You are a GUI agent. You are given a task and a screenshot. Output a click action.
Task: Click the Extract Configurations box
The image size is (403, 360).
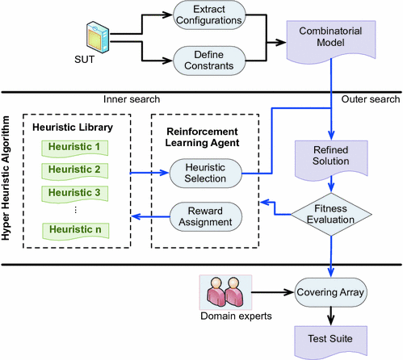click(209, 15)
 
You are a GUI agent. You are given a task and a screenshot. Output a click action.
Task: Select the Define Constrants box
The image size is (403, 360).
click(209, 61)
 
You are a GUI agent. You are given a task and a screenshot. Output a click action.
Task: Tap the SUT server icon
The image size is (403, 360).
click(98, 37)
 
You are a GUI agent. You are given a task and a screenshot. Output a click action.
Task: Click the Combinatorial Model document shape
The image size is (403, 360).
click(331, 42)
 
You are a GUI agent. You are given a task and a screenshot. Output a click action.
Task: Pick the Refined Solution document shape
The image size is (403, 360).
click(331, 160)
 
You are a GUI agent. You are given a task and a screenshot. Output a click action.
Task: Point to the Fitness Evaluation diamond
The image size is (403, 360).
click(331, 215)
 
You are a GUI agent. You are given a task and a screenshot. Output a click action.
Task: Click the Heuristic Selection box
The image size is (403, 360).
click(205, 174)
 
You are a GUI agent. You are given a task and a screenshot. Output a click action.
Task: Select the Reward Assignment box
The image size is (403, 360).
click(206, 216)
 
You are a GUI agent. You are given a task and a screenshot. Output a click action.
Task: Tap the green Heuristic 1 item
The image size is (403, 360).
click(75, 149)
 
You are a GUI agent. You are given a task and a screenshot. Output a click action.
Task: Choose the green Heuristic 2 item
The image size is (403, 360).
click(75, 171)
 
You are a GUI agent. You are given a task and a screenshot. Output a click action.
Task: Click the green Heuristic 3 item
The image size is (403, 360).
click(75, 194)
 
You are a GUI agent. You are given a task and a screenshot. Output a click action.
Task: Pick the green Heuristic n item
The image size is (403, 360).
click(76, 231)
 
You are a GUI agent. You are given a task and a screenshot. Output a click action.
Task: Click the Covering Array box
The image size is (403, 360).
click(330, 292)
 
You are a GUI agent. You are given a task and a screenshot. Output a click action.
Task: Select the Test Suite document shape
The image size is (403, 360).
click(330, 341)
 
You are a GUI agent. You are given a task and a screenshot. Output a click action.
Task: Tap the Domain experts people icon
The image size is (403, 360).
click(225, 292)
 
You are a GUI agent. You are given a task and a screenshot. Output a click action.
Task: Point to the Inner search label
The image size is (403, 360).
click(132, 99)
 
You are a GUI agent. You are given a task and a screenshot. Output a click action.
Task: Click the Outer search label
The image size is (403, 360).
click(371, 99)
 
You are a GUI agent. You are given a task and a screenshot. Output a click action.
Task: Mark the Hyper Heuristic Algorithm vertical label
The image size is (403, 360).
click(6, 178)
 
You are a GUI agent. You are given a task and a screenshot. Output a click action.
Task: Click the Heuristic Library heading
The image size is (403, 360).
click(73, 128)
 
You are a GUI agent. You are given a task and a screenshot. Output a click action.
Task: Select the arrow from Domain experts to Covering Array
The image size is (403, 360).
click(273, 292)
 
